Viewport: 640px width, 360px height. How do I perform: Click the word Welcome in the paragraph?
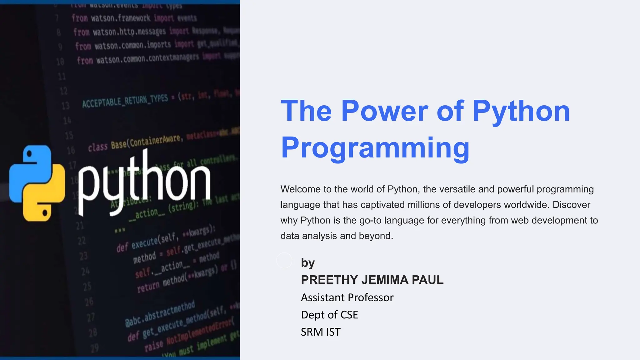(x=300, y=189)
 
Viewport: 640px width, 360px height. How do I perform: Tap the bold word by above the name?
(x=307, y=263)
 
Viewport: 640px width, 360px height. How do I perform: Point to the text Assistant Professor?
(x=347, y=297)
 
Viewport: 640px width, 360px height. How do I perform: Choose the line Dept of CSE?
(x=329, y=315)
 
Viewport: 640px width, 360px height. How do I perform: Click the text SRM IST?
(x=320, y=332)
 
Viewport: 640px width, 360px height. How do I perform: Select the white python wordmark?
(x=144, y=183)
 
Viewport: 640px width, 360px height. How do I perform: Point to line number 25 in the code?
(x=87, y=286)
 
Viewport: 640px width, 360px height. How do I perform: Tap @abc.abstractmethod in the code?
(x=160, y=313)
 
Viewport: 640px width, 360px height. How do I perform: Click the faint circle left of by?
(x=284, y=260)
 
